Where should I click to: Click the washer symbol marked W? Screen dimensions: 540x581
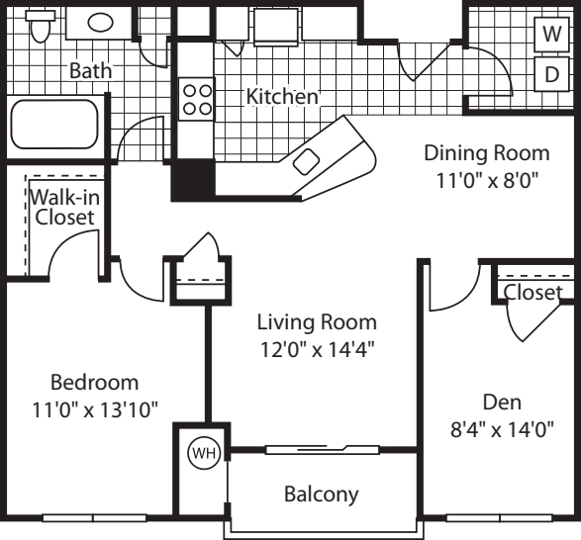tap(549, 32)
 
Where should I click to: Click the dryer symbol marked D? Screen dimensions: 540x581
tap(549, 73)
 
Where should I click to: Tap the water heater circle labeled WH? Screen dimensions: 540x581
tap(202, 452)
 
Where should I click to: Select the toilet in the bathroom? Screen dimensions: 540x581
tap(40, 28)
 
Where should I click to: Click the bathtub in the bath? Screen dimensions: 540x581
tap(53, 127)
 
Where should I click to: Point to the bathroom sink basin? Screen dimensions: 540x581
tap(100, 21)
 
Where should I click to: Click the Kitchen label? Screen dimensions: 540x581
tap(282, 97)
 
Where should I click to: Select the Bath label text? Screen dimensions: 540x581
tap(90, 71)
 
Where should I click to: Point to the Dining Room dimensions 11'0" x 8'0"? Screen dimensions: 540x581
tap(486, 183)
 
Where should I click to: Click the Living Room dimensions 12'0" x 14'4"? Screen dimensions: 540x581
tap(317, 348)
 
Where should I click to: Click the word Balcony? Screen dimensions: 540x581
tap(321, 493)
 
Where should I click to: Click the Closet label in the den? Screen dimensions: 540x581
tap(532, 292)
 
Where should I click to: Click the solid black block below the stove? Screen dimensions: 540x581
tap(193, 179)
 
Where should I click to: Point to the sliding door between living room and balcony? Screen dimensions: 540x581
tap(322, 450)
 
